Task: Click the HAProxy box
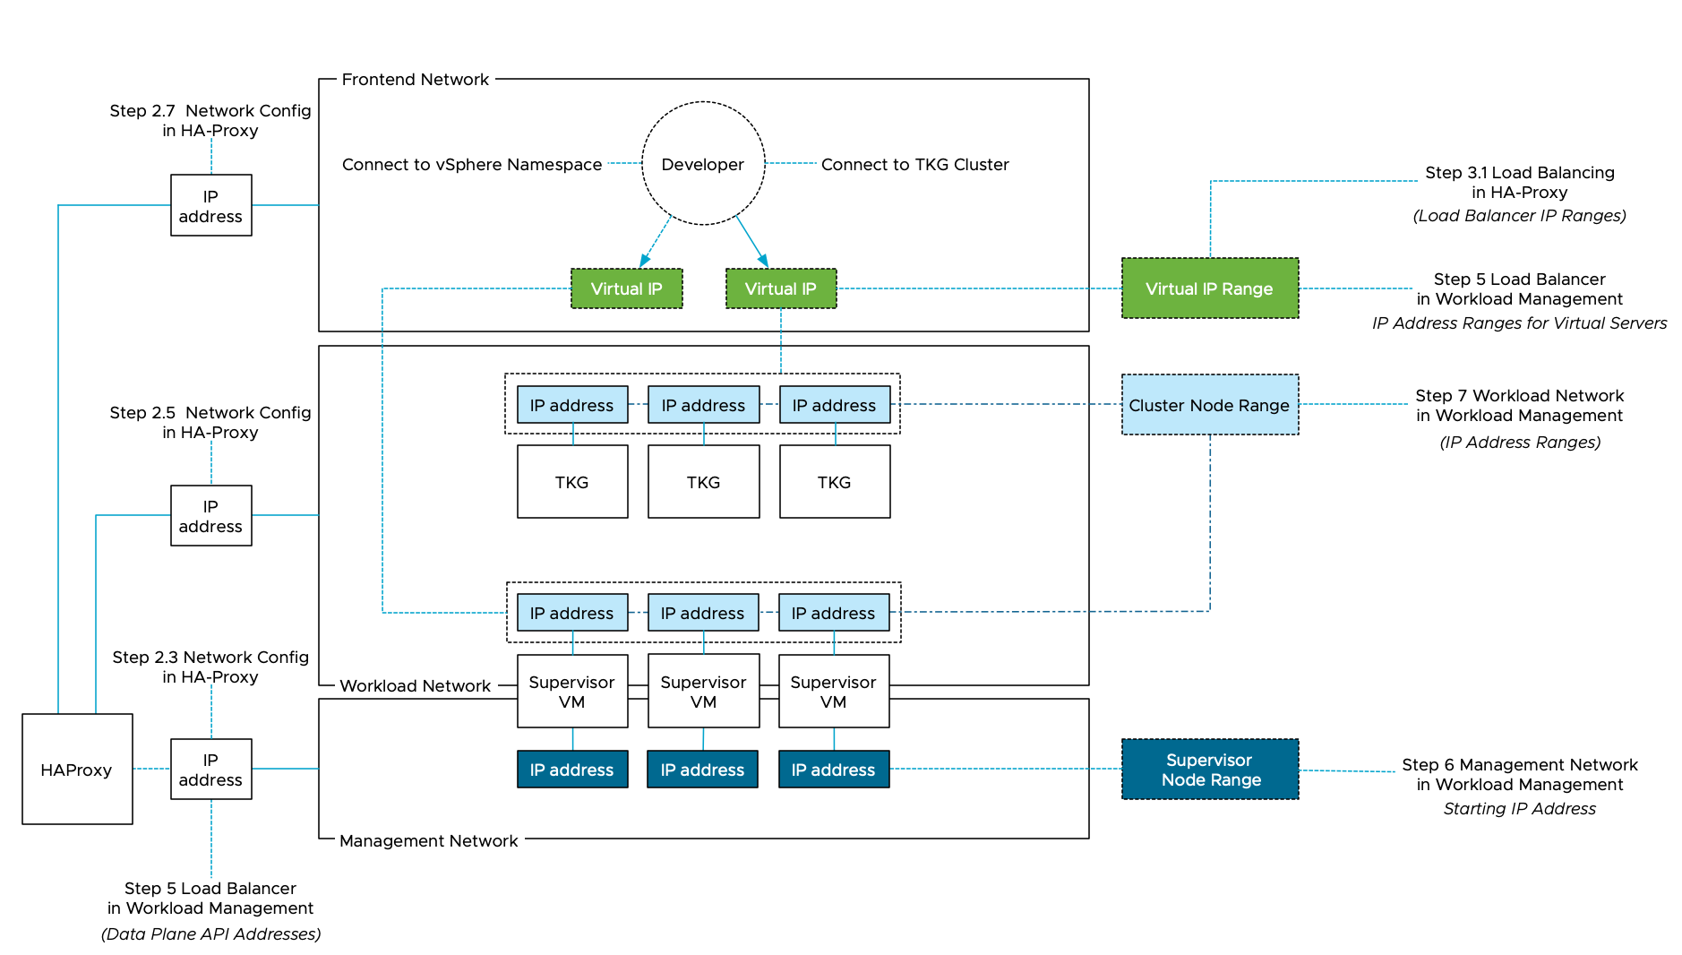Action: coord(77,769)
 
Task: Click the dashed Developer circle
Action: coord(703,164)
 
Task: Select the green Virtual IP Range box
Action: coord(1209,288)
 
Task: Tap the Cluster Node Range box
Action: coord(1209,405)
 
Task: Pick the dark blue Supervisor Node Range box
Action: coord(1209,770)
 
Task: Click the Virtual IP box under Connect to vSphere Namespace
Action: coord(626,288)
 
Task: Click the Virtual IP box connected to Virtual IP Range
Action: coord(780,288)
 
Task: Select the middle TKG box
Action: coord(703,482)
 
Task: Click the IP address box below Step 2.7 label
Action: coord(210,206)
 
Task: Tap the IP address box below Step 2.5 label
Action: coord(210,516)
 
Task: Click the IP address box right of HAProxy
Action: coord(210,770)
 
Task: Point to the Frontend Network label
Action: coord(416,80)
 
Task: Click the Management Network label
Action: coord(428,840)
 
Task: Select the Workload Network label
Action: coord(415,685)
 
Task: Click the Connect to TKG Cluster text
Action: coord(914,165)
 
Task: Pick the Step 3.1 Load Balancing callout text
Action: coord(1519,183)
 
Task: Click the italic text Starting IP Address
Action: coord(1519,809)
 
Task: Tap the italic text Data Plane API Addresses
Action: coord(210,934)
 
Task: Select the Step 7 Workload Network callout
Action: coord(1519,406)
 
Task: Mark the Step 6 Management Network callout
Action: coord(1519,775)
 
